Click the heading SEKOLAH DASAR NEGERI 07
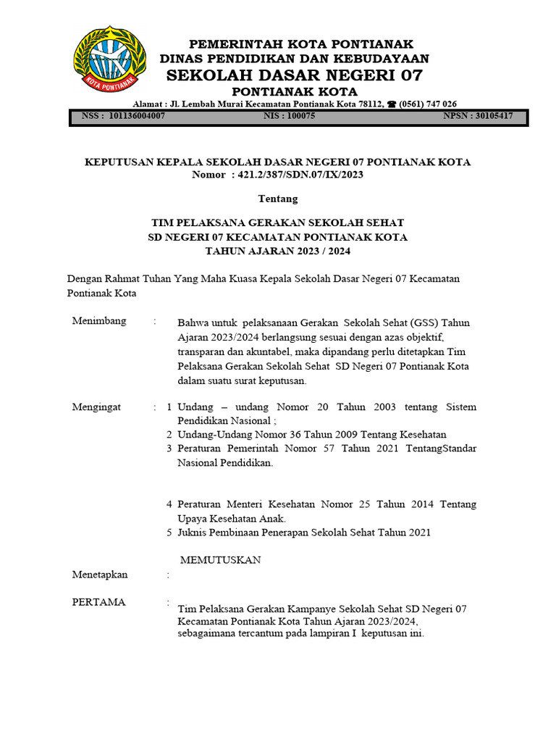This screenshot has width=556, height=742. [x=294, y=75]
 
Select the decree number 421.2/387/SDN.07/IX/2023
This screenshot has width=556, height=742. [x=301, y=175]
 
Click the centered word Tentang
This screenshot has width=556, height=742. [x=278, y=199]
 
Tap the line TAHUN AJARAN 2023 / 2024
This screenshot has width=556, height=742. [x=278, y=251]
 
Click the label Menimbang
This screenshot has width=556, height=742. [x=99, y=321]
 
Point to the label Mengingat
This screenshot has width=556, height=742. [x=97, y=407]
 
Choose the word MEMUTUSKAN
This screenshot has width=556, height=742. [x=220, y=560]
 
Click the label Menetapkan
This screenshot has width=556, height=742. [x=100, y=575]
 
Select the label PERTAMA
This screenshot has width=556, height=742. [x=98, y=602]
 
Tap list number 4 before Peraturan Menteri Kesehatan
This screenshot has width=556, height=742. [x=169, y=504]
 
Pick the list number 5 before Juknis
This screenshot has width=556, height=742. [x=169, y=533]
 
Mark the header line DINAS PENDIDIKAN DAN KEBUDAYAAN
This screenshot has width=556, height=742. [x=294, y=59]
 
